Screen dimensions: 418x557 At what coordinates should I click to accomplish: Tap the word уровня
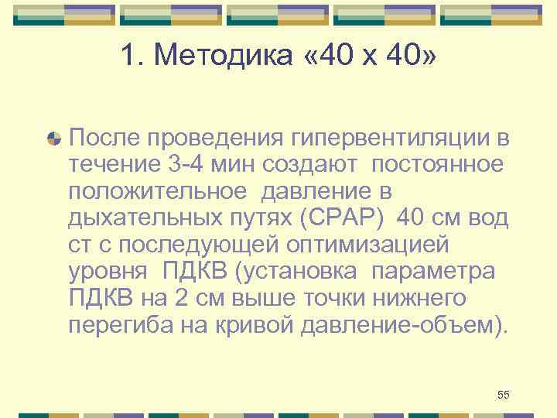[x=109, y=271]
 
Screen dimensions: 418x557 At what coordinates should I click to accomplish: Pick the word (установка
[x=297, y=271]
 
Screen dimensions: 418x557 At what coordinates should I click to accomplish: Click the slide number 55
[x=503, y=396]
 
